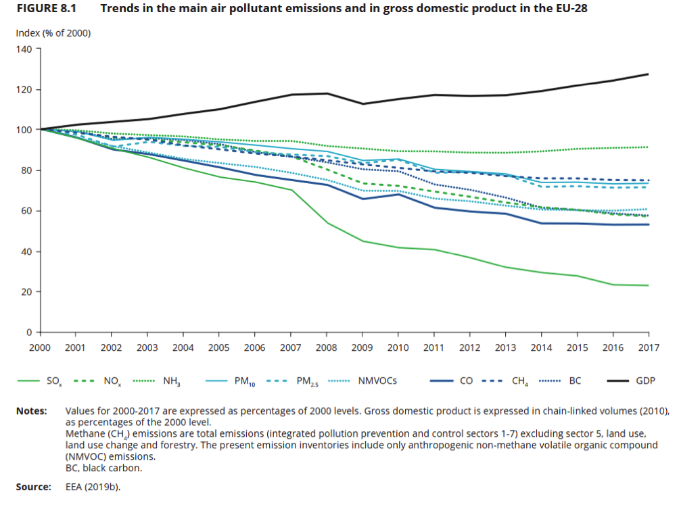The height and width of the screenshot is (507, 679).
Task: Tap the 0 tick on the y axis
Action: point(29,333)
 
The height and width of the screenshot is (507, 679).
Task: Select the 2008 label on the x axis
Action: point(327,347)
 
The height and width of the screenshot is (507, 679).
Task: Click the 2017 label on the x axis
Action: point(648,347)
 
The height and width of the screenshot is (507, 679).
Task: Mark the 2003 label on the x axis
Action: point(147,347)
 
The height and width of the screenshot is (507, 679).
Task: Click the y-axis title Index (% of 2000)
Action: point(53,33)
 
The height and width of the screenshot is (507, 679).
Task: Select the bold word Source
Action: point(33,486)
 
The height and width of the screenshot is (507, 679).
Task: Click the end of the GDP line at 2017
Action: point(648,74)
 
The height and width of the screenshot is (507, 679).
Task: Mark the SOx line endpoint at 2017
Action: point(648,285)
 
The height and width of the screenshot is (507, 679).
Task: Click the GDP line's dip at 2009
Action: point(362,103)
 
